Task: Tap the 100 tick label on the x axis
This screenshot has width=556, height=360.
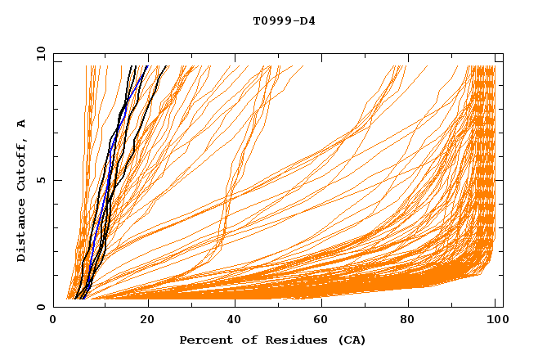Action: point(495,322)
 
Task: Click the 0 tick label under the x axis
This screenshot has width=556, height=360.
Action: point(53,322)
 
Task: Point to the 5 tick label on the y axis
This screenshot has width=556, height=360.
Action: point(40,180)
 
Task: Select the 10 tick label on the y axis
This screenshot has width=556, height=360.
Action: point(38,53)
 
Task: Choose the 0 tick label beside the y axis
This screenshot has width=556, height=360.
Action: point(40,307)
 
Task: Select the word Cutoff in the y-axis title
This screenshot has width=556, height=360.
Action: point(22,164)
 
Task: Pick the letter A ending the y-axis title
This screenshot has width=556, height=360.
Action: point(22,124)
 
